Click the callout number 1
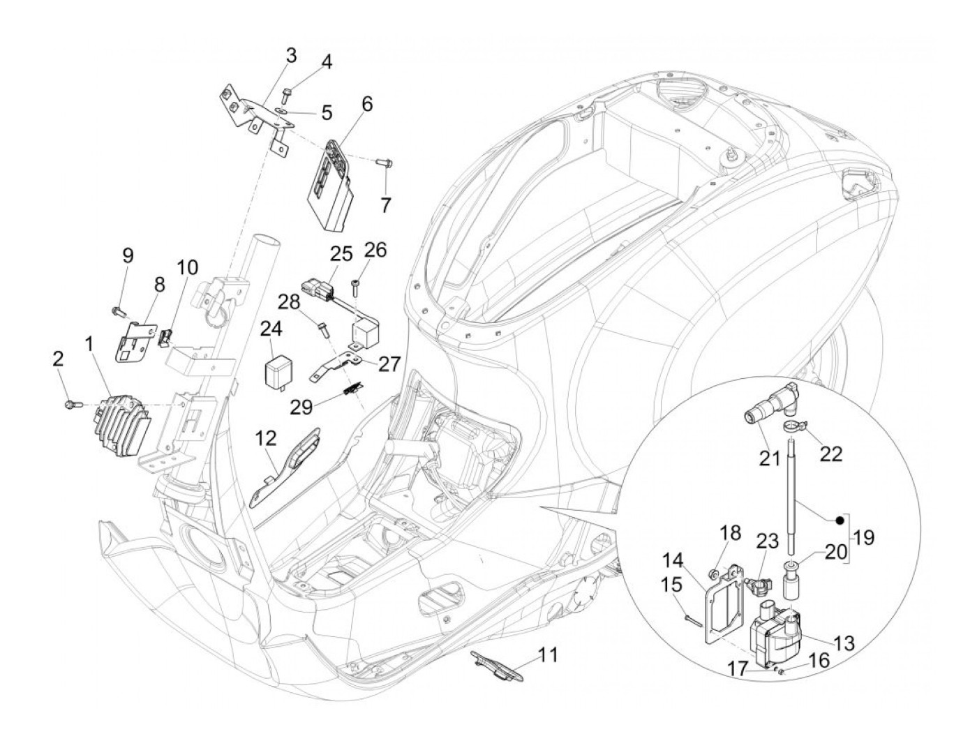tap(89, 343)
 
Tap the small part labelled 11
tap(495, 661)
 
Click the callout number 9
tap(127, 255)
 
